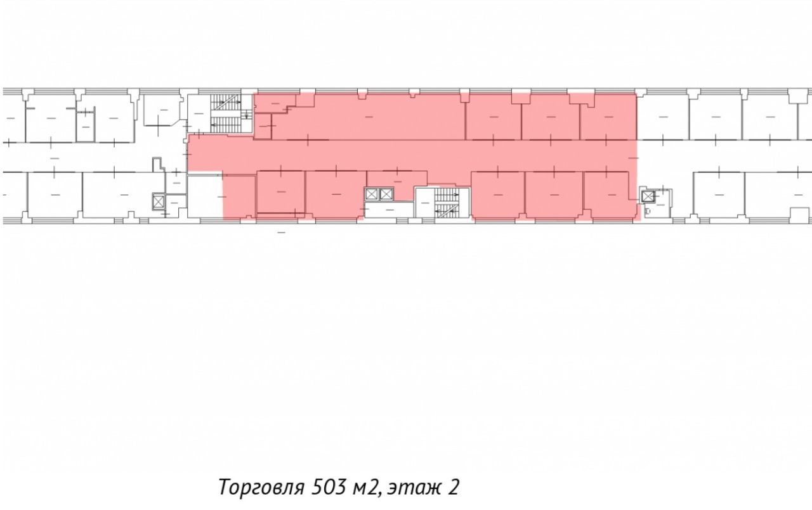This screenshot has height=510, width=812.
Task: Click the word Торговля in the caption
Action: coord(261,487)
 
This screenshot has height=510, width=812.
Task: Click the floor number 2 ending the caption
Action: coord(452,487)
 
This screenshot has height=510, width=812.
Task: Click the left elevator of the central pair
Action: coord(371,194)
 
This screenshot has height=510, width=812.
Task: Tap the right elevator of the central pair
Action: coord(386,194)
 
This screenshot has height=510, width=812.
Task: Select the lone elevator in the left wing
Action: coord(159,201)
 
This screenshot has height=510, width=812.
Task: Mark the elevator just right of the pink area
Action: coord(647,196)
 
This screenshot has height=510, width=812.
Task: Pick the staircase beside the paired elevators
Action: coord(447,203)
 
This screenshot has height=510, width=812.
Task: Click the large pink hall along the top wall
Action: coord(369,117)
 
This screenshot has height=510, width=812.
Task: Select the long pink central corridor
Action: coord(412,156)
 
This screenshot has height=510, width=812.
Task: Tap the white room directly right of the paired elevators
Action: coord(424,202)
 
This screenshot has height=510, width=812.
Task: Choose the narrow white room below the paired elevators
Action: coord(390,210)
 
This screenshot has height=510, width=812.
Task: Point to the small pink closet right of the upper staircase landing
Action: coord(263,126)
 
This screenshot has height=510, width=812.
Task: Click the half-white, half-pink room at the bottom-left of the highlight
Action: coord(221,196)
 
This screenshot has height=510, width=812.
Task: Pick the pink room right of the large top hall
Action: coord(494,117)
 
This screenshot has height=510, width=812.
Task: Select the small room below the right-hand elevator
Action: coord(657,210)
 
